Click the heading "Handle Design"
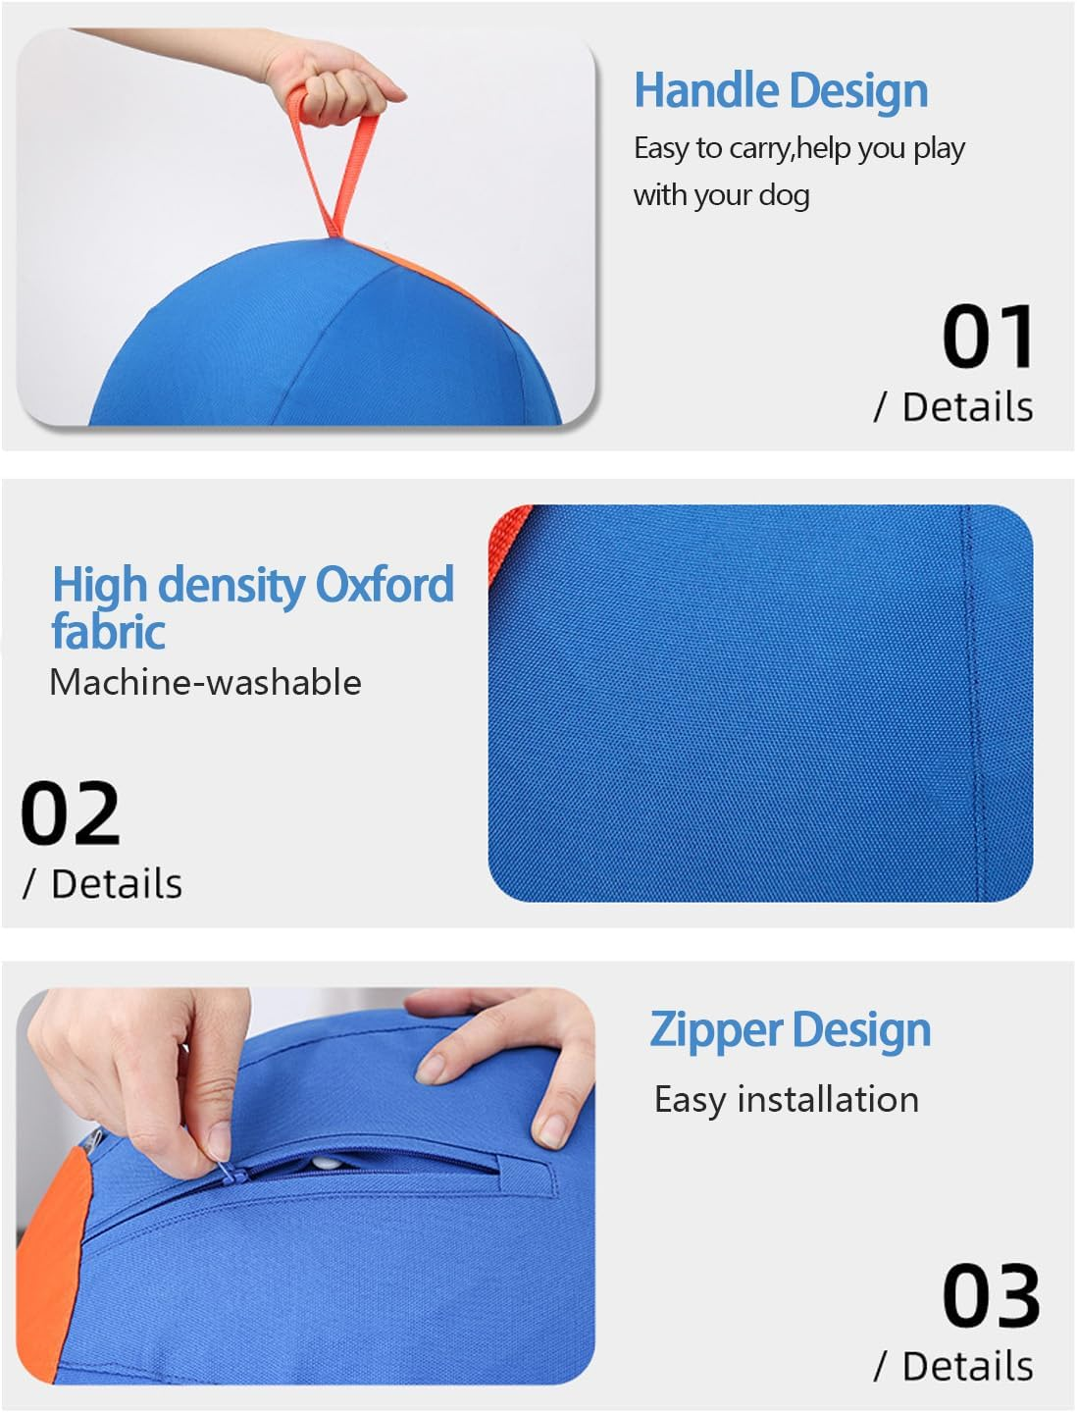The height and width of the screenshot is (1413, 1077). click(x=781, y=90)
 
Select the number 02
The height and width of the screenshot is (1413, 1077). click(x=71, y=813)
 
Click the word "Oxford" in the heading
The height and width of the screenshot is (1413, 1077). click(x=385, y=585)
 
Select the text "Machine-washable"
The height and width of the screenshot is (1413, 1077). click(x=205, y=682)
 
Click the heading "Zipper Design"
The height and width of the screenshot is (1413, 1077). click(x=791, y=1030)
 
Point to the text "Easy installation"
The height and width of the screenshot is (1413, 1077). click(x=787, y=1099)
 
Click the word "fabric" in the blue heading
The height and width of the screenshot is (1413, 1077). click(x=108, y=631)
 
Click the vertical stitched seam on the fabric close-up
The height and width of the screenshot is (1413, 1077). click(x=971, y=687)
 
